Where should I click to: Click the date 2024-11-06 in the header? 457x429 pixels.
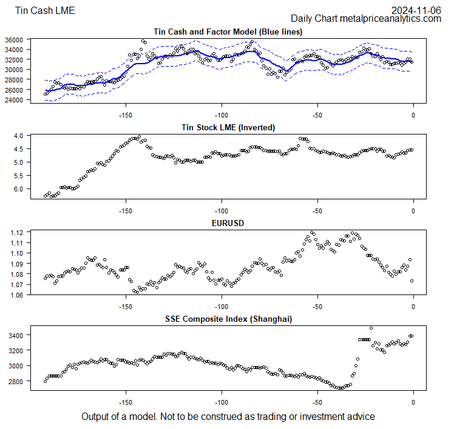pyautogui.click(x=416, y=10)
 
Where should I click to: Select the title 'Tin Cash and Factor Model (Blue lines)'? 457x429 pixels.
pyautogui.click(x=228, y=31)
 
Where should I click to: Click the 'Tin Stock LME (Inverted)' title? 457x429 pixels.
pyautogui.click(x=228, y=127)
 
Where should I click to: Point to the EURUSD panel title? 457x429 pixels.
pyautogui.click(x=228, y=223)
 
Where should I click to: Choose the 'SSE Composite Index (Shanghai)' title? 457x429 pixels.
pyautogui.click(x=228, y=319)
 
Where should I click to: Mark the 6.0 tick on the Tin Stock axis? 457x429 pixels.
pyautogui.click(x=18, y=189)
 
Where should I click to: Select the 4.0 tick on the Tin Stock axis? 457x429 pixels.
pyautogui.click(x=18, y=136)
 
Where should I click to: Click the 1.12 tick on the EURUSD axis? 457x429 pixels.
pyautogui.click(x=16, y=233)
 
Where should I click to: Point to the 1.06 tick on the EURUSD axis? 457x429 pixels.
pyautogui.click(x=16, y=296)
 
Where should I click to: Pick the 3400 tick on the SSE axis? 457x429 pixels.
pyautogui.click(x=16, y=335)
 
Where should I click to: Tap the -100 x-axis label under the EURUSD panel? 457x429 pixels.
pyautogui.click(x=222, y=305)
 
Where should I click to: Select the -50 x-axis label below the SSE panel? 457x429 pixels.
pyautogui.click(x=317, y=401)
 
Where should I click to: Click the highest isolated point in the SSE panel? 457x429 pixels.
pyautogui.click(x=371, y=328)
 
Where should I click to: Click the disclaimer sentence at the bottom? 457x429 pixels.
pyautogui.click(x=228, y=417)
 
